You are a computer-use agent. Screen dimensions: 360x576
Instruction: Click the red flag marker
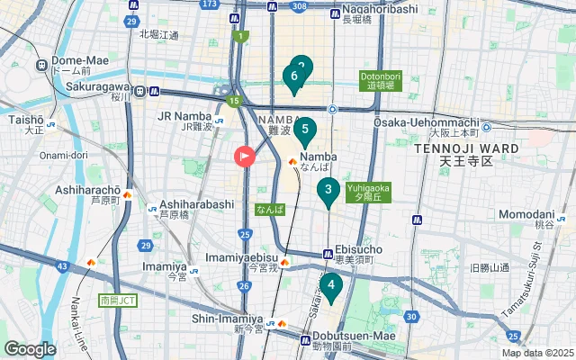point(245,157)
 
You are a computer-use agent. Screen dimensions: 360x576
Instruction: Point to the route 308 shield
point(299,5)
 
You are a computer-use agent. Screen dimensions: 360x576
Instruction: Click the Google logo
point(30,349)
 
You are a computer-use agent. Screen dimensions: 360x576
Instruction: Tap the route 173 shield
point(210,4)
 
